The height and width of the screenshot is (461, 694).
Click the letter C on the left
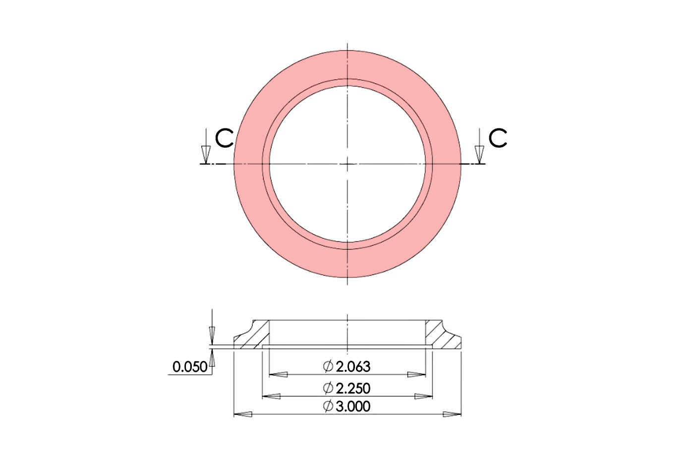tap(224, 138)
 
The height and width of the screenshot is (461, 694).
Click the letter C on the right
tap(498, 138)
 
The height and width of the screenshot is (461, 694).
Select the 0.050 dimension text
tap(189, 367)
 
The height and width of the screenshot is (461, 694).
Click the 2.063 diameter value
tap(353, 367)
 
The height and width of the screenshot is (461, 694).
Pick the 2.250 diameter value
tap(353, 388)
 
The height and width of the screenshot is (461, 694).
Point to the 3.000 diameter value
tap(353, 406)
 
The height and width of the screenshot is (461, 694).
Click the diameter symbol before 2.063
tap(328, 367)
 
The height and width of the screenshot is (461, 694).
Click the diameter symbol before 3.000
tap(328, 406)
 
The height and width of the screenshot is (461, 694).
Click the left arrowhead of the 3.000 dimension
tap(243, 414)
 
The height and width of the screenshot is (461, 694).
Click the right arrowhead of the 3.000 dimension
tap(452, 414)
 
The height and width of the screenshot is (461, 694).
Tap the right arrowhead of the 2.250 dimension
tap(423, 396)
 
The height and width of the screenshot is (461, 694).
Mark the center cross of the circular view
tap(347, 164)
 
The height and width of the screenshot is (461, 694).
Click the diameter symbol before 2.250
tap(328, 388)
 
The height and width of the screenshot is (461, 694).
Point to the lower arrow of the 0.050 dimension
tap(212, 358)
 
